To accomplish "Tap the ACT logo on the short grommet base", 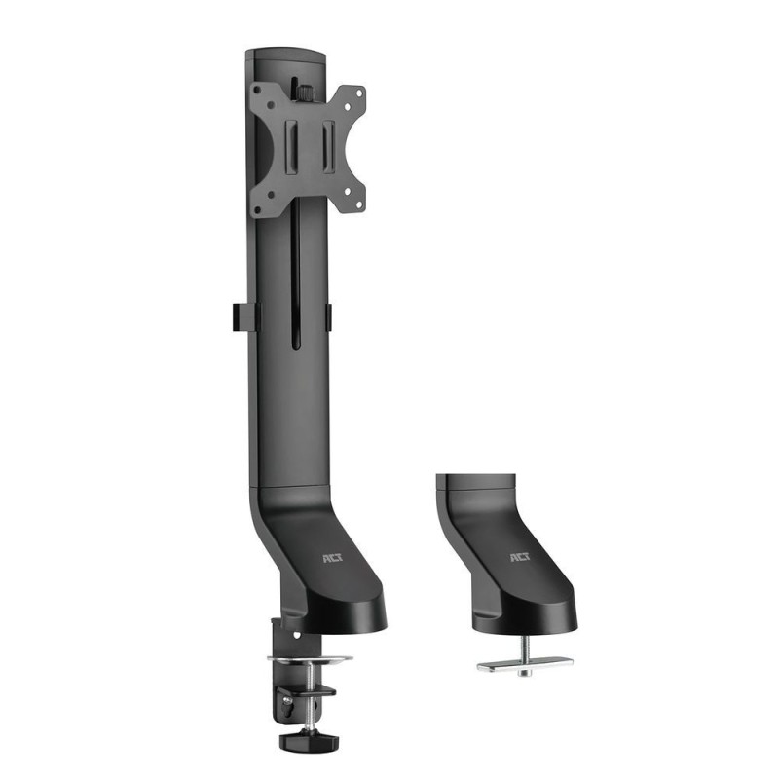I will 516,559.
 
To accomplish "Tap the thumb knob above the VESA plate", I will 304,93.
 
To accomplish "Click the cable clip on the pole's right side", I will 328,315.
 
